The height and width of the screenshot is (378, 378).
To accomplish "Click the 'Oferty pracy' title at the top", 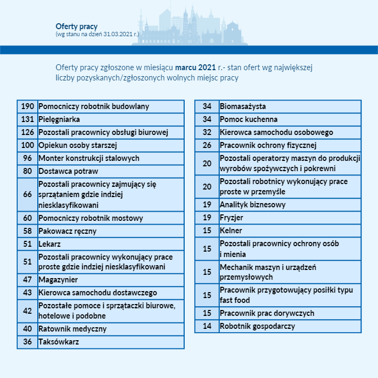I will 76,26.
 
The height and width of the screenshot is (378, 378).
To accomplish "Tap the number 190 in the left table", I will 28,106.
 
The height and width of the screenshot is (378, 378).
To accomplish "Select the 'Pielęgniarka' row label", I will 59,119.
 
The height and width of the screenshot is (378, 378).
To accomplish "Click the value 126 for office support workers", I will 28,132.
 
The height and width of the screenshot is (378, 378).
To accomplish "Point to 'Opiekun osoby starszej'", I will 78,145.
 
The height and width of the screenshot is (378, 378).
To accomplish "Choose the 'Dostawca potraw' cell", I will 68,171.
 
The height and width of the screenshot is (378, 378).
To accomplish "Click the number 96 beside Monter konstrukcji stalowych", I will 28,158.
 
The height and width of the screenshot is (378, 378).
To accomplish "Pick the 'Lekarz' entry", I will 50,244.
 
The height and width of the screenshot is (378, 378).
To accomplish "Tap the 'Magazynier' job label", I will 58,280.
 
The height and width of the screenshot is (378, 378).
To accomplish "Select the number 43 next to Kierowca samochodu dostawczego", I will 28,293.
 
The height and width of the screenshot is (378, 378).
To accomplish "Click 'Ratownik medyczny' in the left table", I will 72,329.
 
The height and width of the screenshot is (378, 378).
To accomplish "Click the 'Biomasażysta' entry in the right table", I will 242,106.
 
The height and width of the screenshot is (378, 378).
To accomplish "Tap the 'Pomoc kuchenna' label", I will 248,119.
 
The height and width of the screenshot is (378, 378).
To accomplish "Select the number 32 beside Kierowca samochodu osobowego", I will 207,132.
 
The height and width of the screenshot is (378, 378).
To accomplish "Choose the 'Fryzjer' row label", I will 232,218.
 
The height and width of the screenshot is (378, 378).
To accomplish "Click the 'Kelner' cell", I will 231,231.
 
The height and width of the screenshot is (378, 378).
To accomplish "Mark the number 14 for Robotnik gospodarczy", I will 207,326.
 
